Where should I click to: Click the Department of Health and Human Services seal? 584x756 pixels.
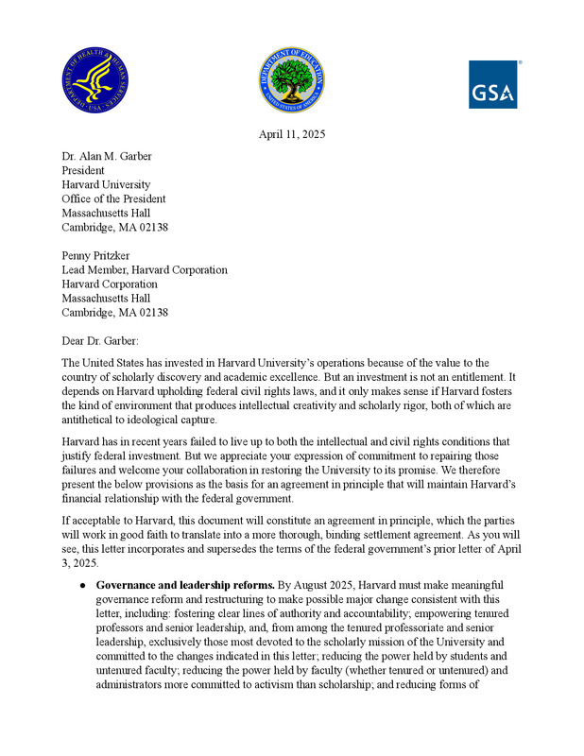(x=96, y=79)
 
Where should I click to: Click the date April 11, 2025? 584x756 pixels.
(x=292, y=135)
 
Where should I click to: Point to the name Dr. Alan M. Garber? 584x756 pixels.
(x=106, y=156)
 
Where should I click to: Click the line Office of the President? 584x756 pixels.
(x=113, y=198)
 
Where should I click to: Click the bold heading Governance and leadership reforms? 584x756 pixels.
(x=185, y=586)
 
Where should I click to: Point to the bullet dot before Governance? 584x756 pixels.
(x=83, y=586)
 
